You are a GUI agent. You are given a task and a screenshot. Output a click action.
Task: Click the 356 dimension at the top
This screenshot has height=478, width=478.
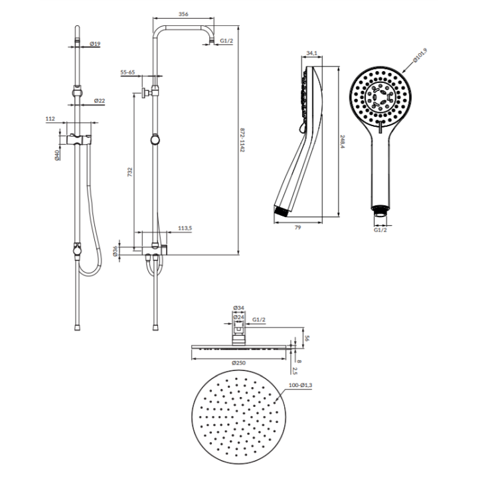(x=183, y=14)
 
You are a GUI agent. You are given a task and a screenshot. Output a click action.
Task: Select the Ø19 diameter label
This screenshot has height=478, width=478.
(x=95, y=44)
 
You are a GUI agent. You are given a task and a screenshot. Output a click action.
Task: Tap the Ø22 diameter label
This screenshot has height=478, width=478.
(x=100, y=101)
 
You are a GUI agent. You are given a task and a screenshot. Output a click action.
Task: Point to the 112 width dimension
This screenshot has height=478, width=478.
(x=50, y=119)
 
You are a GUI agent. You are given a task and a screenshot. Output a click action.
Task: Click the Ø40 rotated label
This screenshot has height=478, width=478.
(x=57, y=155)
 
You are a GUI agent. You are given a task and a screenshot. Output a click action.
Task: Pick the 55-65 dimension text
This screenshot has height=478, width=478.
(x=127, y=72)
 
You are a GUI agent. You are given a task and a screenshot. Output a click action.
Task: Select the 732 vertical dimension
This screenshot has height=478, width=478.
(x=130, y=172)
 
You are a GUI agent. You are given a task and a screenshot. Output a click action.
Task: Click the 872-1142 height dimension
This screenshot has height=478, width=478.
(x=242, y=140)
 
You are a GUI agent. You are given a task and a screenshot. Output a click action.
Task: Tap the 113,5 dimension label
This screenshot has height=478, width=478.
(x=185, y=228)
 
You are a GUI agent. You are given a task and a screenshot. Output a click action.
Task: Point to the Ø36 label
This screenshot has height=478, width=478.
(x=115, y=251)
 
